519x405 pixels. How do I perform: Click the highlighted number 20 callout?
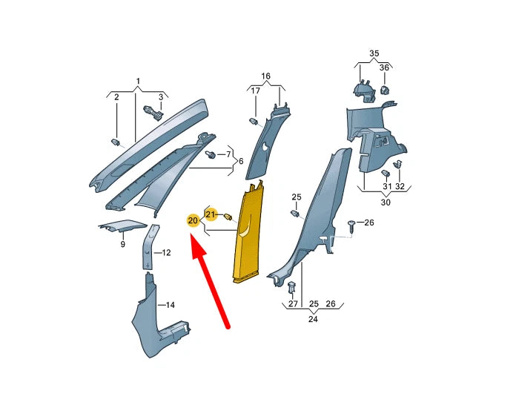[x=193, y=220]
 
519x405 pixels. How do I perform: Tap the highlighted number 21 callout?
[x=211, y=215]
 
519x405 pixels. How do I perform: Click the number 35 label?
[x=374, y=53]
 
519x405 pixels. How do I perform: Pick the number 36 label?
[x=384, y=68]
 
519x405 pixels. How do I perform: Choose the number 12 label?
[x=166, y=253]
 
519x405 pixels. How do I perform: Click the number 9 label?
[x=122, y=244]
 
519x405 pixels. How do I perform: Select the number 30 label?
[x=386, y=202]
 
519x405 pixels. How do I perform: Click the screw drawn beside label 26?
[x=352, y=223]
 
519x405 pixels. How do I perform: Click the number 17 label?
[x=255, y=91]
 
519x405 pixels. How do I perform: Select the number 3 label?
[x=160, y=97]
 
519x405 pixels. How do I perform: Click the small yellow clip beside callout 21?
[x=228, y=217]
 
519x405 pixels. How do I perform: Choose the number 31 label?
[x=386, y=185]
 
